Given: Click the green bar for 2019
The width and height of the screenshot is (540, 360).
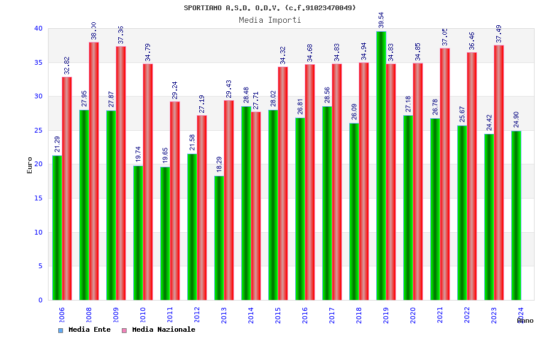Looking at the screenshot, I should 381,166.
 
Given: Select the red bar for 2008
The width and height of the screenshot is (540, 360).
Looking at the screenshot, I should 94,171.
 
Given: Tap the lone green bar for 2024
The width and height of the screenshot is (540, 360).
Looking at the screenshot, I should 516,215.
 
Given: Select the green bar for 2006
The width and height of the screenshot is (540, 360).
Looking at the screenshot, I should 57,227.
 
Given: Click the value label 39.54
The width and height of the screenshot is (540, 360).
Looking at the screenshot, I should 381,20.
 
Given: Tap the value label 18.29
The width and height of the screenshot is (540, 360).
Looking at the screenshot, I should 219,164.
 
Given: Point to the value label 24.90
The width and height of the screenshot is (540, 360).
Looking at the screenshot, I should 516,119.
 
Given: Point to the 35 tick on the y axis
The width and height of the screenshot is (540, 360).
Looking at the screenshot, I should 38,62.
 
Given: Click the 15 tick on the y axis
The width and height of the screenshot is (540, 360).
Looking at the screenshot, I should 38,198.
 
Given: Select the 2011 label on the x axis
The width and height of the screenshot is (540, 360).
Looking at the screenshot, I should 170,315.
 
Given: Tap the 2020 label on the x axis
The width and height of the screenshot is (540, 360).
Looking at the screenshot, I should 413,315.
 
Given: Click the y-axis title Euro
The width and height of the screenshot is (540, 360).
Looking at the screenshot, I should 30,165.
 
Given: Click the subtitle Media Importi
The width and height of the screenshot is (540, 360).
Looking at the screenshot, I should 270,20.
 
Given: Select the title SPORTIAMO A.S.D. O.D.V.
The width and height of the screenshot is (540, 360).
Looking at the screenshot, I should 270,8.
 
